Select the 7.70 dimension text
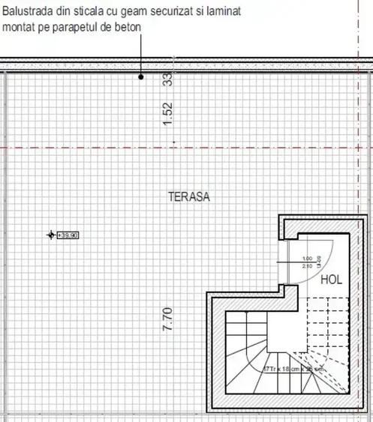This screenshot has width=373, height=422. pos(168,319)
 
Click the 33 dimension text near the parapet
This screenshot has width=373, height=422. pos(168,79)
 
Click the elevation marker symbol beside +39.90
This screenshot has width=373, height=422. pos(51,235)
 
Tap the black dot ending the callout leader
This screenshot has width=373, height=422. pos(141,76)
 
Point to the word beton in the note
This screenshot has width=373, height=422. pos(128,26)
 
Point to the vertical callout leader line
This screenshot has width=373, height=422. pos(141,52)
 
